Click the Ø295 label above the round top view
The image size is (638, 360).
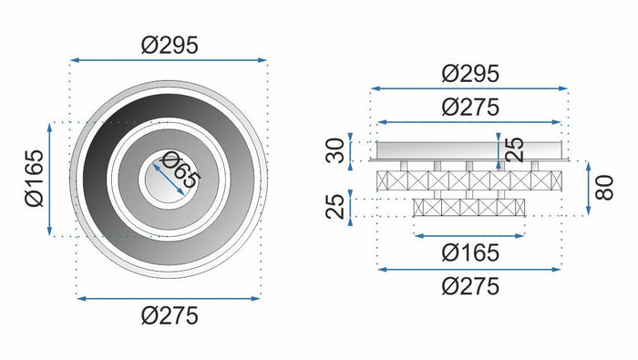point(169,44)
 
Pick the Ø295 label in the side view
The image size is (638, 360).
point(470,73)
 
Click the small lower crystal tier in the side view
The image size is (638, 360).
point(469,207)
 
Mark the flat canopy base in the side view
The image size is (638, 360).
point(469,149)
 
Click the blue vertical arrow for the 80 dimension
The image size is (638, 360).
point(588,190)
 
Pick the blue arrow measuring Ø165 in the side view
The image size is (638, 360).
point(469,235)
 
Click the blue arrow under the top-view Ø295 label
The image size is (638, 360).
point(169,61)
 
